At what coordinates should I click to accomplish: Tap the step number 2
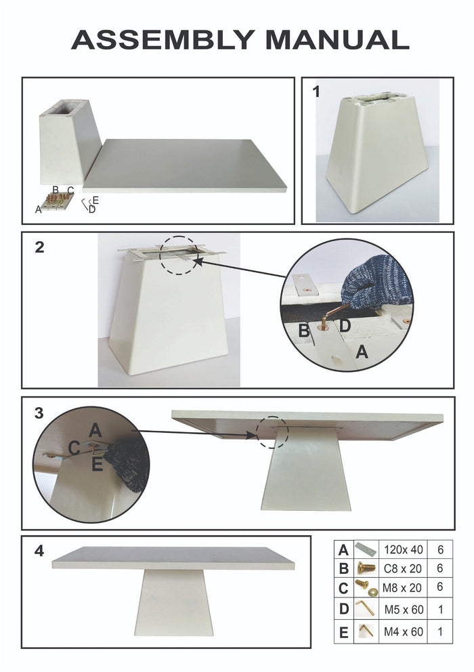[40, 248]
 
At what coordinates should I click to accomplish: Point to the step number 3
[40, 413]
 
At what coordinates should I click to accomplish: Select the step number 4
[40, 551]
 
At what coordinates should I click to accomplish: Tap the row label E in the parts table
[344, 633]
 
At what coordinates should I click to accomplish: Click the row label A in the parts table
[344, 549]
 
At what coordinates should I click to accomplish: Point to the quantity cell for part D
[441, 610]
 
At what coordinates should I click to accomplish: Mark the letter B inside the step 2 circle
[304, 331]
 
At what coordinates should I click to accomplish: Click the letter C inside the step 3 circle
[74, 447]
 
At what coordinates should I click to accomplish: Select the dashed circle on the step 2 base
[180, 255]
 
